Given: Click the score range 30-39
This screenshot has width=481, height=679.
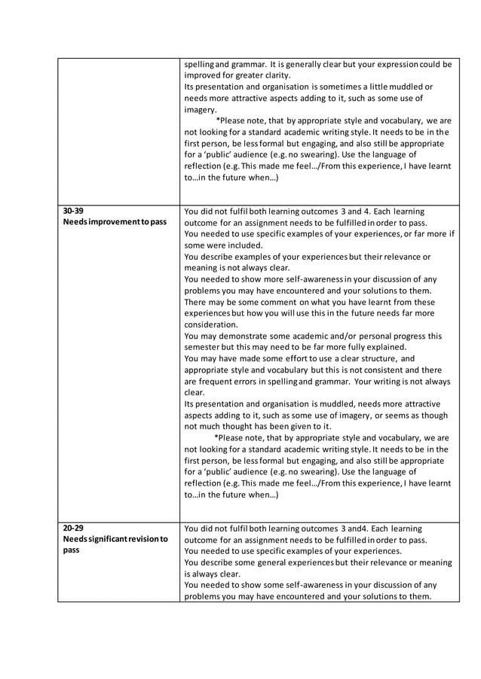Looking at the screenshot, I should click(x=74, y=212).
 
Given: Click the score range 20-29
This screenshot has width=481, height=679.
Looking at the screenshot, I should click(x=74, y=528).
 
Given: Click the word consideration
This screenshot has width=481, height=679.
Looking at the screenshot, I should click(x=210, y=324).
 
